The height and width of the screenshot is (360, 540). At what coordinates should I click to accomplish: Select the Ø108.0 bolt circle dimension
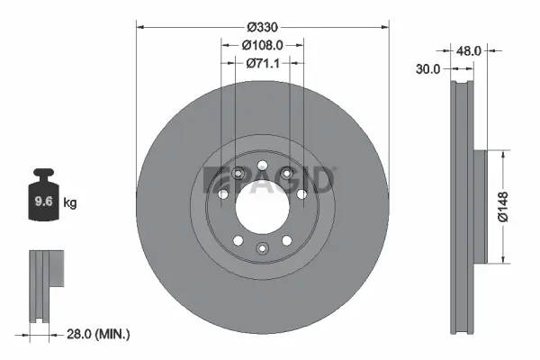[x=263, y=44]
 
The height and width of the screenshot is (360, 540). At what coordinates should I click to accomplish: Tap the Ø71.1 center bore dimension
[x=263, y=63]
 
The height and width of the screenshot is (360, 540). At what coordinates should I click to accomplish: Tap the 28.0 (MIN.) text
[x=98, y=334]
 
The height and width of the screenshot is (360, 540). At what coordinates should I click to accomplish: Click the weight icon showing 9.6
[x=43, y=200]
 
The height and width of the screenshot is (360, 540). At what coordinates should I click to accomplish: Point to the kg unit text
[x=70, y=203]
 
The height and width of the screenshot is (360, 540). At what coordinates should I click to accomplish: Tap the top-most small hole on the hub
[x=261, y=166]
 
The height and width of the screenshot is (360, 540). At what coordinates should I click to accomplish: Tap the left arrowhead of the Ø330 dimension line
[x=140, y=27]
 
